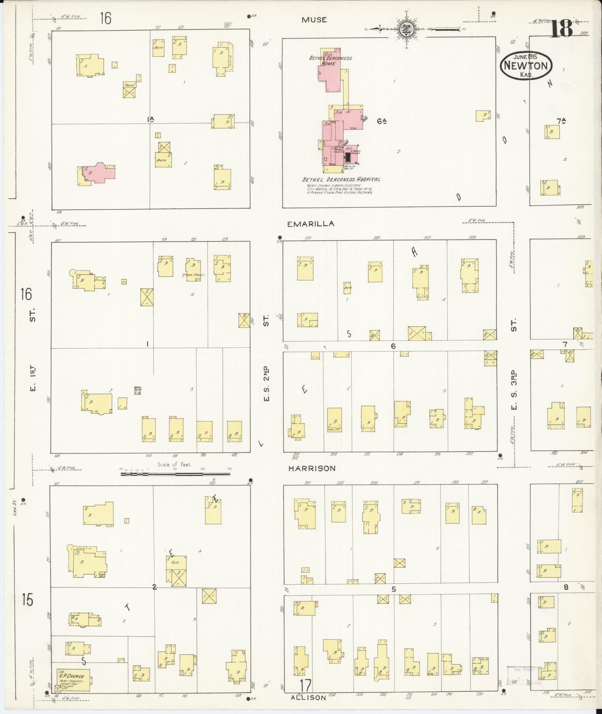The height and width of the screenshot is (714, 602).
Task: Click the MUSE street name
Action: (314, 20)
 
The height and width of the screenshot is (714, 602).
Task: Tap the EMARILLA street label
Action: (311, 224)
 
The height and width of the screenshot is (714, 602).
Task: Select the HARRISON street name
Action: (312, 468)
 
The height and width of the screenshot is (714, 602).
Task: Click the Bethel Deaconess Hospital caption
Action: (341, 180)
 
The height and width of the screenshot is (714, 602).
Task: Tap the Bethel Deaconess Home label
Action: (330, 60)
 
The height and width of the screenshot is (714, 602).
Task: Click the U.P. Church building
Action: (73, 680)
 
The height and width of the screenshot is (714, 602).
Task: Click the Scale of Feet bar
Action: (175, 474)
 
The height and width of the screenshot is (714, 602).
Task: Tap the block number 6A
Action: (381, 121)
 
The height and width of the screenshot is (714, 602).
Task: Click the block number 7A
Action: (561, 121)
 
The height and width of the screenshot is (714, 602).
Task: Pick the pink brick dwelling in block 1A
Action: (99, 173)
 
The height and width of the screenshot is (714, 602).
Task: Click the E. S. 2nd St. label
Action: (266, 384)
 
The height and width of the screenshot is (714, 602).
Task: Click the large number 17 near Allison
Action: (305, 685)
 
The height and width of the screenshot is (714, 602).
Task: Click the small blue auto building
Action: (138, 390)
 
